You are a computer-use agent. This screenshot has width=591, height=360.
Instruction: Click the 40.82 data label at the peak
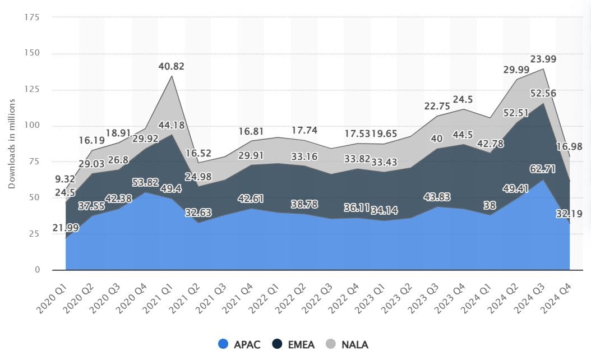(x=172, y=66)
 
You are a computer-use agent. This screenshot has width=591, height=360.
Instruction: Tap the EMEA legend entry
(x=293, y=344)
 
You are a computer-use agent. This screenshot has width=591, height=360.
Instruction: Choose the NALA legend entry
(x=347, y=344)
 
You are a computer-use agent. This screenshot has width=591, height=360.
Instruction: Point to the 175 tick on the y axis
(x=31, y=17)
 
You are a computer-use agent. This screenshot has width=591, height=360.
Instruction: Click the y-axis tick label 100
(x=31, y=126)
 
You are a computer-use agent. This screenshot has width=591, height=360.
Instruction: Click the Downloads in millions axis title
(x=12, y=144)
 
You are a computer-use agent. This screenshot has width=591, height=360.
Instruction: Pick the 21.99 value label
(x=66, y=228)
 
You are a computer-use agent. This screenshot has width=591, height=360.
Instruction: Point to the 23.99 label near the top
(x=544, y=60)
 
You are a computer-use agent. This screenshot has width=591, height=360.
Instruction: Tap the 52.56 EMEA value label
(x=544, y=94)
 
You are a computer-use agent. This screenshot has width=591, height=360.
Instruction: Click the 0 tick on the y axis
(x=37, y=270)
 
